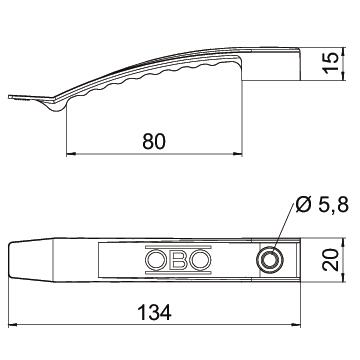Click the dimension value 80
click(x=154, y=141)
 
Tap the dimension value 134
click(x=154, y=312)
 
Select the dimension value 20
click(x=331, y=260)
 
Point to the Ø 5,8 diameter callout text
click(x=322, y=205)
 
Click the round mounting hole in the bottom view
click(x=270, y=260)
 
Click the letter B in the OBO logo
click(x=179, y=260)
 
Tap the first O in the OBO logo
click(x=155, y=260)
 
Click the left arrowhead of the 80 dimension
click(x=71, y=154)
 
